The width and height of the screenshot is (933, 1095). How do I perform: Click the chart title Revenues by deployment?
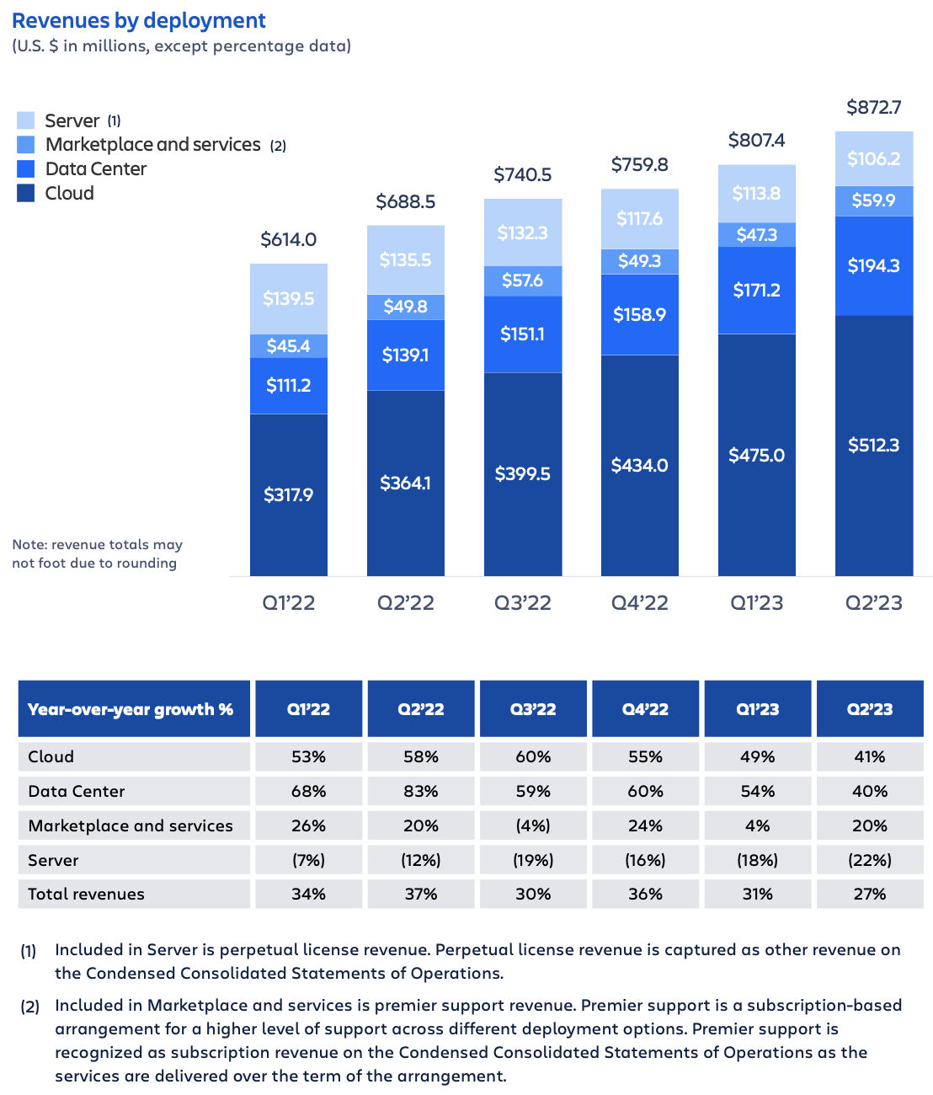coord(139,20)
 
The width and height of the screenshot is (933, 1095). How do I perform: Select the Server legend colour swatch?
coord(26,120)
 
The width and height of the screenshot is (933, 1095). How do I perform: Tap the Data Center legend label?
coord(95,168)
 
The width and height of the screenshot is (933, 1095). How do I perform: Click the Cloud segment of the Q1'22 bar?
coord(288,494)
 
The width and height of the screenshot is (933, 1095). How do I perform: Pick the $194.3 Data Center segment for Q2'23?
coord(873,265)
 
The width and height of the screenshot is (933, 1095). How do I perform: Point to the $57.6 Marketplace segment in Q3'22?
coord(522,280)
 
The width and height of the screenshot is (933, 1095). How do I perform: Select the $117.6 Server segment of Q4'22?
coord(639,219)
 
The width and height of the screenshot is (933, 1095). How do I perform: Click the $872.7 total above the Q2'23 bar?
coord(873,107)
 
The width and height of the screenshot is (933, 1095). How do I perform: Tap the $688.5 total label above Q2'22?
coord(405,201)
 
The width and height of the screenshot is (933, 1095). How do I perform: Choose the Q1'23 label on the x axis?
coord(756,603)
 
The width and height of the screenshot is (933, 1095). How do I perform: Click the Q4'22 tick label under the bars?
coord(639,603)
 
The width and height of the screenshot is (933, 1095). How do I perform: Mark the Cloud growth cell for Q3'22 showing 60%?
coord(533,756)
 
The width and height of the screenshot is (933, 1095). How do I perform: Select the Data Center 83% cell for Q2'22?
coord(420,791)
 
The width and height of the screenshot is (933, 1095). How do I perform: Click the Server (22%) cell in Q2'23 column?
coord(870,860)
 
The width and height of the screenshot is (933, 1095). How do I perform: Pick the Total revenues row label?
coord(86,894)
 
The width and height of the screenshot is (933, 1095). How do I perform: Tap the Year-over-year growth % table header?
coord(131,709)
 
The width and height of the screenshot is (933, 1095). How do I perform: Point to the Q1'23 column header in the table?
coord(757,709)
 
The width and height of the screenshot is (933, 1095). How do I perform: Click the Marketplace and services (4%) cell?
coord(533,825)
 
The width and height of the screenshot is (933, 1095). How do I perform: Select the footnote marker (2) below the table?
coord(29,1007)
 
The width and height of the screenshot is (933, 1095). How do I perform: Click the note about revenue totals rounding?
coord(97,553)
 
